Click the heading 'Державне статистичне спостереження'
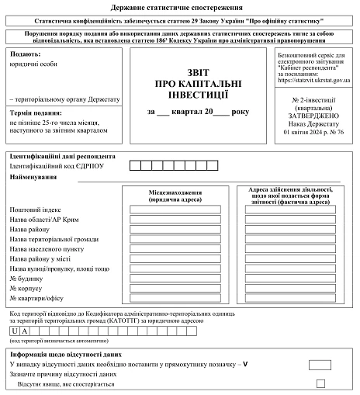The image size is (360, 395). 180,5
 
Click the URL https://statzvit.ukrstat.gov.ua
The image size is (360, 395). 313,80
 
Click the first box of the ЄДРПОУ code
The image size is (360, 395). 135,165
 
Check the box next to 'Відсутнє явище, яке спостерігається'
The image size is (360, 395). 320,383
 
